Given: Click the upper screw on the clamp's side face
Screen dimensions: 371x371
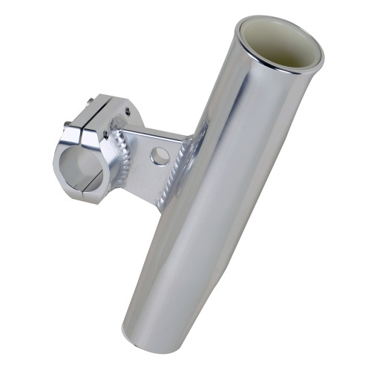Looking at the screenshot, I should (x=128, y=112).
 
